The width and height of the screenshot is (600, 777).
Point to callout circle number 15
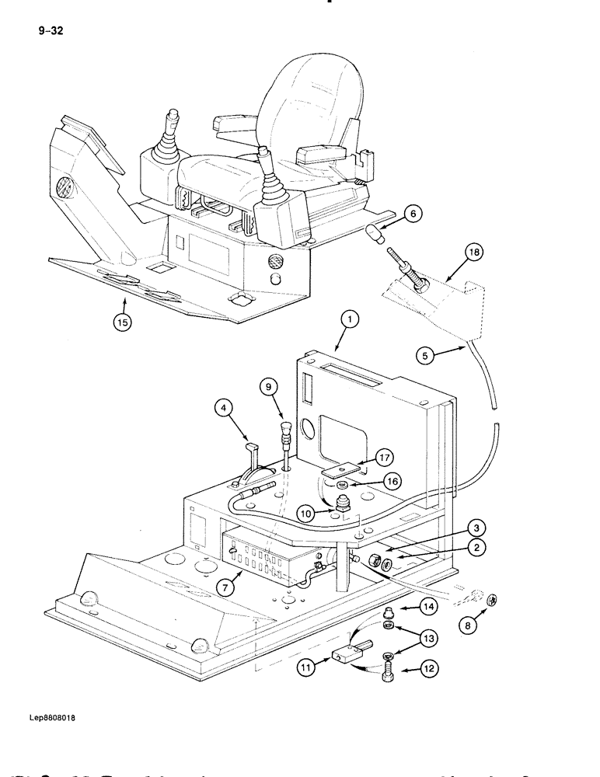tap(121, 322)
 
